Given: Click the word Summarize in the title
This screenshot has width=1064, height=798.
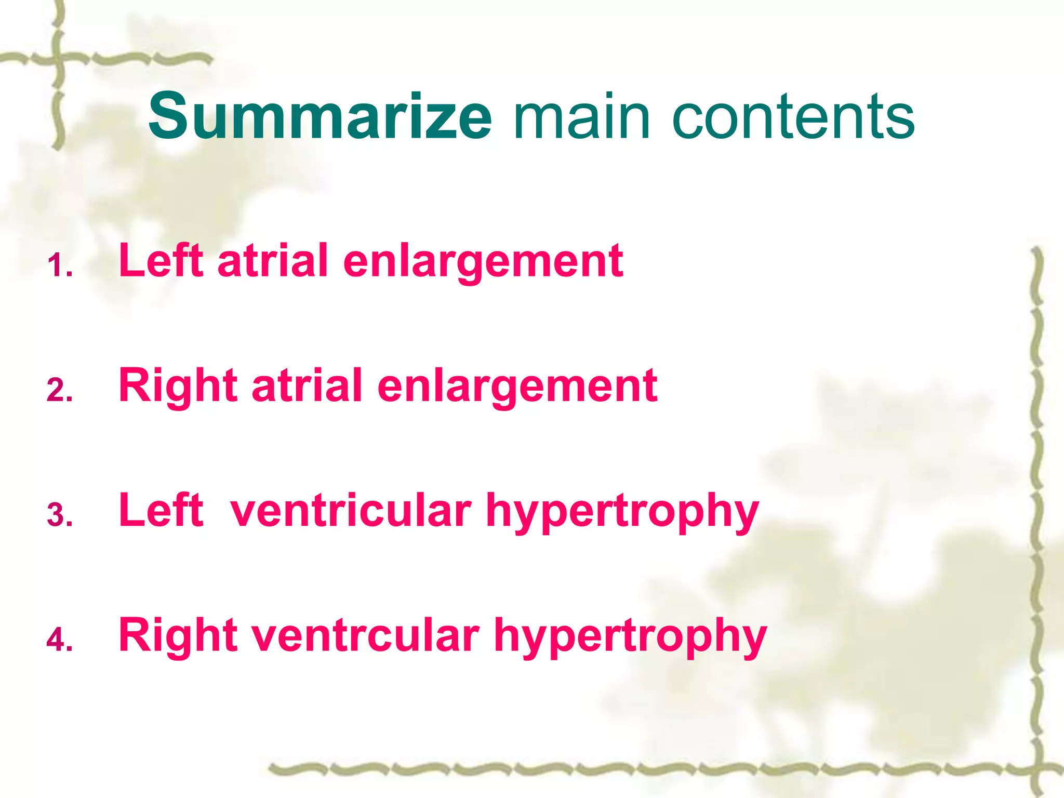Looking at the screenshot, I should pos(320,117).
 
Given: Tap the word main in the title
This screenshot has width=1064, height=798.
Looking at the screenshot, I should pos(582,117).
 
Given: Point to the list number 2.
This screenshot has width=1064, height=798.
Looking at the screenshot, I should pos(59,390).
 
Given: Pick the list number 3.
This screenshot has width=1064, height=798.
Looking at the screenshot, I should pos(59,515).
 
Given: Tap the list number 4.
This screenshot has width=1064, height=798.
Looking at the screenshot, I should pos(59,640).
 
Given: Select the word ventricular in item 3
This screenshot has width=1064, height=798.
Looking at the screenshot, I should pos(351,511).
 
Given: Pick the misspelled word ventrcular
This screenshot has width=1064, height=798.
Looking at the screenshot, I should pos(366,636).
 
